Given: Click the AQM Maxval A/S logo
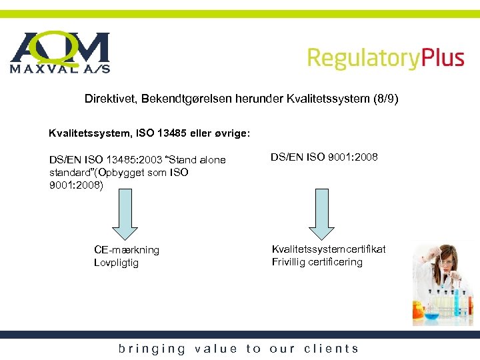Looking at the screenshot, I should pos(60,52).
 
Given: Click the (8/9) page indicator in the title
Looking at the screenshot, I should pos(385,99).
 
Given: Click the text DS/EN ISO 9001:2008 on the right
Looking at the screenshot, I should pos(324,157).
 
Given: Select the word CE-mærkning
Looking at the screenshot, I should pos(127,250).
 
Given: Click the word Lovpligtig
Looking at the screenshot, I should pos(116,263).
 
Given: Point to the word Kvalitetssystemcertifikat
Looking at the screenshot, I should pos(329,249).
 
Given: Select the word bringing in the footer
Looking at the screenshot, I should pos(152,349).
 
